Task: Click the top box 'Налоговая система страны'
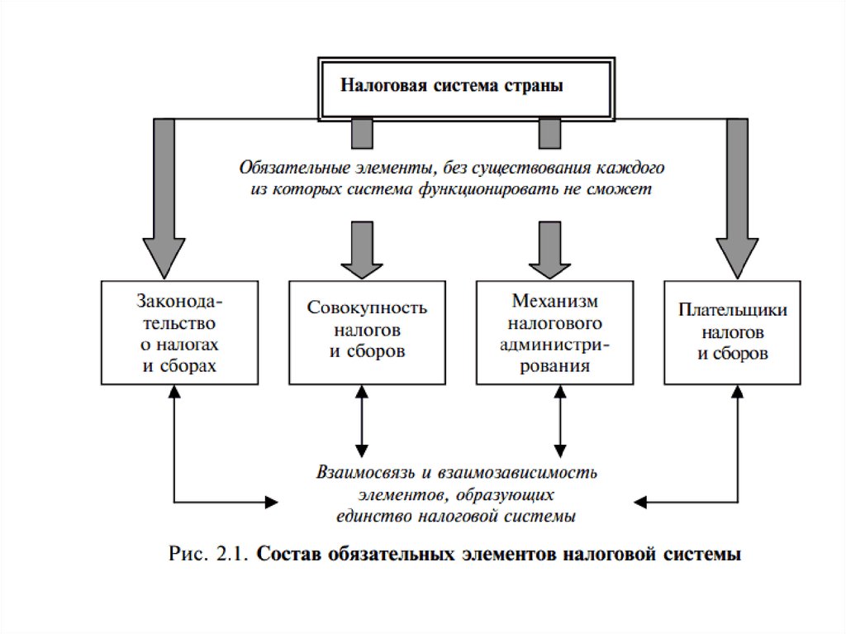[466, 88]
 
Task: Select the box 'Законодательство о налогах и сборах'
[179, 332]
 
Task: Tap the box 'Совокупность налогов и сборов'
[368, 332]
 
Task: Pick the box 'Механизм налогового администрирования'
[554, 332]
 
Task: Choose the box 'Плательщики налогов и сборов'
[732, 332]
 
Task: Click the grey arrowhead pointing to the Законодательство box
[164, 258]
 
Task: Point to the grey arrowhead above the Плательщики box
[737, 258]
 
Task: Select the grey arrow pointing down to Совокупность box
[362, 250]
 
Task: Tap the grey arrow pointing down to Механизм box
[549, 250]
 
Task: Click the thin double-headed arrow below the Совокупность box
[362, 422]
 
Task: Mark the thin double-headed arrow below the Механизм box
[561, 422]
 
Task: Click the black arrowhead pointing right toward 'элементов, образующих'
[271, 503]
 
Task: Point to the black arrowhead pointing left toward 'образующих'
[640, 503]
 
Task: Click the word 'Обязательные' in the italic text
[295, 168]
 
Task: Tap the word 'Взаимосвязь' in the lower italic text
[365, 473]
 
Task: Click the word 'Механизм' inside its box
[554, 301]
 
